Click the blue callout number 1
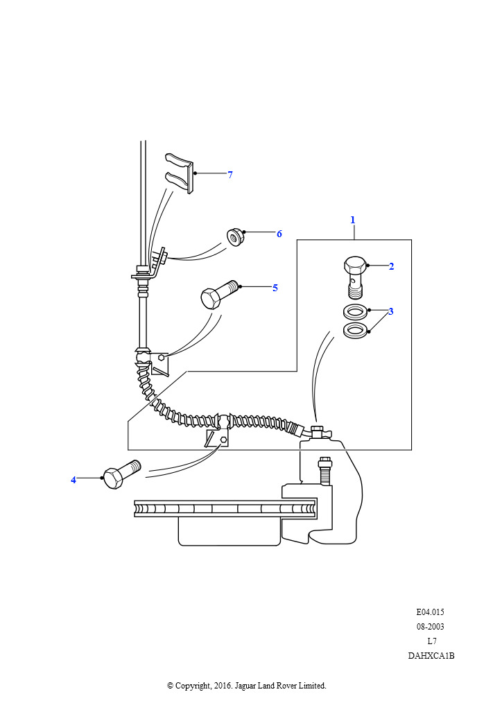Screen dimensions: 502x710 click(353, 220)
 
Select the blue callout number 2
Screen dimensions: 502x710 click(392, 266)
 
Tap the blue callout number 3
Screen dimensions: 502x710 click(390, 311)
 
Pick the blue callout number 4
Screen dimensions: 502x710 click(73, 480)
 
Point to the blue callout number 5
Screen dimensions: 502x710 click(275, 288)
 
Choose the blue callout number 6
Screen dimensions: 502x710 click(279, 234)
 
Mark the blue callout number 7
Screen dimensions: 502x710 click(230, 175)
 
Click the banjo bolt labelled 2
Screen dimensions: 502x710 click(355, 277)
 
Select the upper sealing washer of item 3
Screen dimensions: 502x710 click(355, 313)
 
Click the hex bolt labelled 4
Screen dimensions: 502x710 click(122, 474)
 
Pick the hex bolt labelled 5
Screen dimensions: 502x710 click(219, 294)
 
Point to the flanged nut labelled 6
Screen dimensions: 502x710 click(236, 238)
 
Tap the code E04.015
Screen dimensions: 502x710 click(430, 612)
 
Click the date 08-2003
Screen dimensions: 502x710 click(430, 627)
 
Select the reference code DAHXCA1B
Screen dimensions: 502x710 click(431, 656)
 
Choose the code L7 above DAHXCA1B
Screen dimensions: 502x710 click(431, 641)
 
